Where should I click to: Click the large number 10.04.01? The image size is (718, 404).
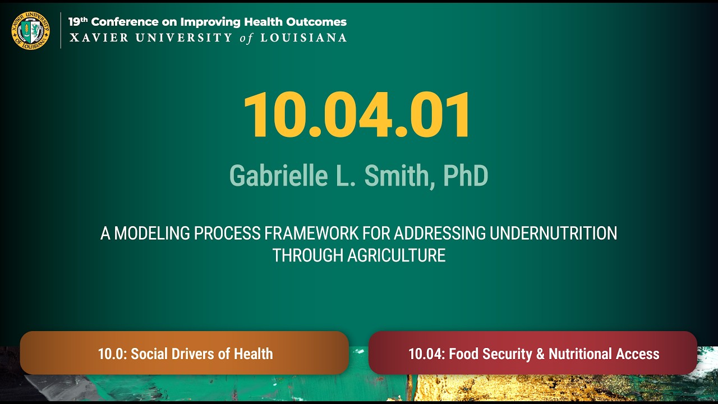coord(358,116)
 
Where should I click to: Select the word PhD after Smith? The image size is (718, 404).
coord(466,176)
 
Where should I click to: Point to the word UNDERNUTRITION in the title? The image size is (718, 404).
coord(553,233)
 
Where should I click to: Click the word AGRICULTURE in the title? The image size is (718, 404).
coord(396,255)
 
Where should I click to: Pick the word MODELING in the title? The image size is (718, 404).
coord(151,233)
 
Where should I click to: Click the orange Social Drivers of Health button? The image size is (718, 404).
coord(185,353)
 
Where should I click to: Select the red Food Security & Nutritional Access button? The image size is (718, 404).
coord(533,353)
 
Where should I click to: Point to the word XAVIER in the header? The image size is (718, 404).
coord(91,38)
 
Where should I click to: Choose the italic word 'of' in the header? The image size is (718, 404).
coord(247,38)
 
